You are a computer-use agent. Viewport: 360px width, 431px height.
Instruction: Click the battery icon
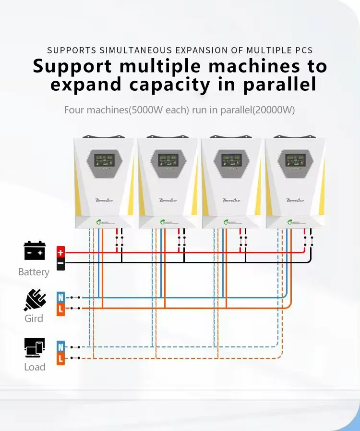click(34, 251)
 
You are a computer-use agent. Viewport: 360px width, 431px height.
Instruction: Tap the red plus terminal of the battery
click(60, 252)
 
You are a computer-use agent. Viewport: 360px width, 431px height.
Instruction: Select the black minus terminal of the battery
click(60, 263)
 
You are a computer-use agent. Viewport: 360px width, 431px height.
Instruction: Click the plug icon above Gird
click(34, 300)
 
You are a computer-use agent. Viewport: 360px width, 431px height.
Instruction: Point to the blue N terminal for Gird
click(60, 297)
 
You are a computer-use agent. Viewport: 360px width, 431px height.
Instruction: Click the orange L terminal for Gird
click(60, 309)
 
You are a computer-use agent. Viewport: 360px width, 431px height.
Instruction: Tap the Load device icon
click(34, 348)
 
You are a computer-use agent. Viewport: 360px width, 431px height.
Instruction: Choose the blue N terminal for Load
click(60, 346)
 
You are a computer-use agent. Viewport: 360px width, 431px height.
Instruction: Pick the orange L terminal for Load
click(60, 358)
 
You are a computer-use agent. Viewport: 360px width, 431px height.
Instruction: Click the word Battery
click(34, 272)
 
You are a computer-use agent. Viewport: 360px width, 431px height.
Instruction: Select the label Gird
click(34, 318)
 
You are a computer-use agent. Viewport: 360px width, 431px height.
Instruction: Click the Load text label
click(35, 367)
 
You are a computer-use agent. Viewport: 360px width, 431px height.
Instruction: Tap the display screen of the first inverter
click(103, 160)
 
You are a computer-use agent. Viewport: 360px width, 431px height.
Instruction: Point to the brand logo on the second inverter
click(168, 200)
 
